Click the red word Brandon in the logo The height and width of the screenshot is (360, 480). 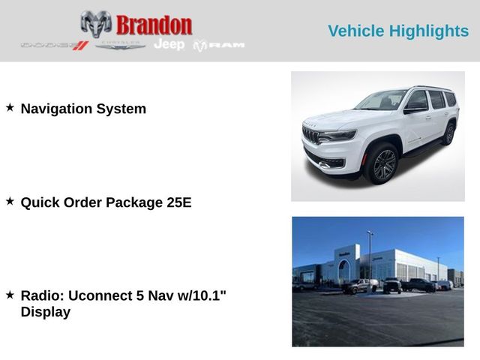point(154,25)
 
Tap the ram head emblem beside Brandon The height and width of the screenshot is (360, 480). point(96,24)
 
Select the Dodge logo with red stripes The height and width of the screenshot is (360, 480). point(55,46)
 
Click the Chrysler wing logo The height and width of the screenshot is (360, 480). point(120,46)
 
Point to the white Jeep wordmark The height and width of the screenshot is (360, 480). point(169,45)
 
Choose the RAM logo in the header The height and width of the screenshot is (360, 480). point(219,46)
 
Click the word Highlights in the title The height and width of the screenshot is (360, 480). point(429,31)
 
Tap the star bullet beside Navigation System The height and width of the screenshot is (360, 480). point(10,107)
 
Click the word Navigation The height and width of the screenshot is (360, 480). point(56,109)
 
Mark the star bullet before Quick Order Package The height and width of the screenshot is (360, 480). point(10,201)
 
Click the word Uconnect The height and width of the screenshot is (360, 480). point(100,295)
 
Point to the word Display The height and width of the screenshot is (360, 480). point(46,312)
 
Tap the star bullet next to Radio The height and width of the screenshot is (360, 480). point(10,295)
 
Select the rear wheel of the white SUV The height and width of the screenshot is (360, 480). point(449,134)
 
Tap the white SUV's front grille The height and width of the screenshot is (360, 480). point(310,135)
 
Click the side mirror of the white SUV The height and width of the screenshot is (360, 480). point(413,109)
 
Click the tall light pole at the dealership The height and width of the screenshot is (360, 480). point(370,258)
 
